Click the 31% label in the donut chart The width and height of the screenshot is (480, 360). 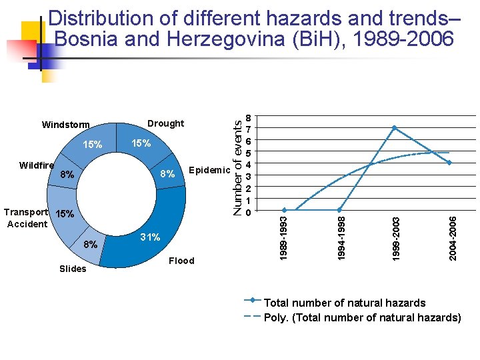pyautogui.click(x=151, y=237)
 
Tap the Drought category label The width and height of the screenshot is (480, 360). pyautogui.click(x=165, y=123)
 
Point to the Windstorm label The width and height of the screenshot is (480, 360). pyautogui.click(x=65, y=125)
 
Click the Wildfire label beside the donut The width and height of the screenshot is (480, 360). pyautogui.click(x=37, y=165)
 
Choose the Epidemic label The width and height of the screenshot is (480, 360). pyautogui.click(x=209, y=170)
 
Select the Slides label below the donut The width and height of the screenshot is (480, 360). pyautogui.click(x=73, y=269)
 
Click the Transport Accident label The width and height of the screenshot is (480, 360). pyautogui.click(x=27, y=218)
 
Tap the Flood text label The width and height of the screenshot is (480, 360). pyautogui.click(x=181, y=261)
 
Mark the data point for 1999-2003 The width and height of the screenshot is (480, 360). pyautogui.click(x=395, y=127)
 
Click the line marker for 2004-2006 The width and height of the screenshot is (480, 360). pyautogui.click(x=450, y=163)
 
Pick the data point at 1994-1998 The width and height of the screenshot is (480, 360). pyautogui.click(x=339, y=210)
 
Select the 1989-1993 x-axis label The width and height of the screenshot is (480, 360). pyautogui.click(x=284, y=237)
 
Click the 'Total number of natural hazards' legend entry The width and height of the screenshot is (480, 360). pyautogui.click(x=345, y=303)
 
